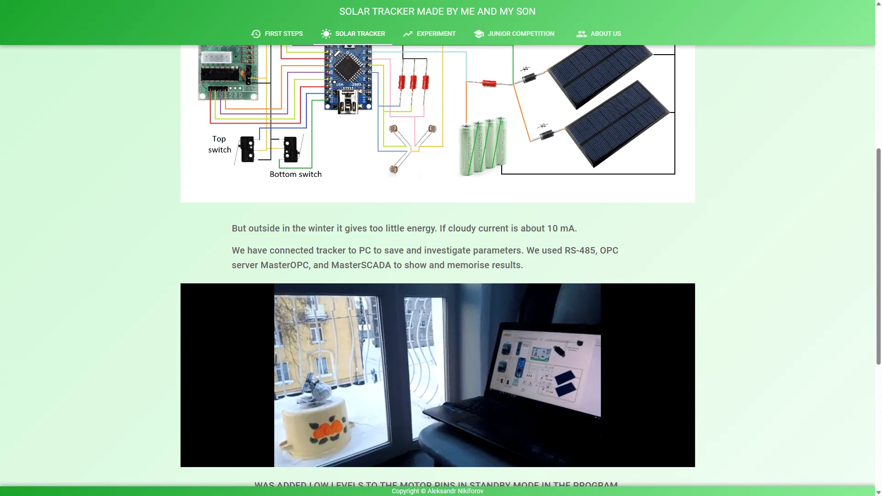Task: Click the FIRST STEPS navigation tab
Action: pos(277,34)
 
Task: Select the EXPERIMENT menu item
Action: pos(430,34)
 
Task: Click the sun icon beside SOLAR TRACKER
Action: pos(326,34)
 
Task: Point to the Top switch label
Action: pos(219,144)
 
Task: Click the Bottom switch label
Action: pos(295,174)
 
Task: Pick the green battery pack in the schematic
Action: pos(483,146)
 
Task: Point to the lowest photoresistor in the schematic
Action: pos(393,169)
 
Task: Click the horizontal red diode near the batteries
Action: pos(489,83)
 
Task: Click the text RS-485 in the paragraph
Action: pos(580,250)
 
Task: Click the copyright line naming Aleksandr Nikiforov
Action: pos(437,491)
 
